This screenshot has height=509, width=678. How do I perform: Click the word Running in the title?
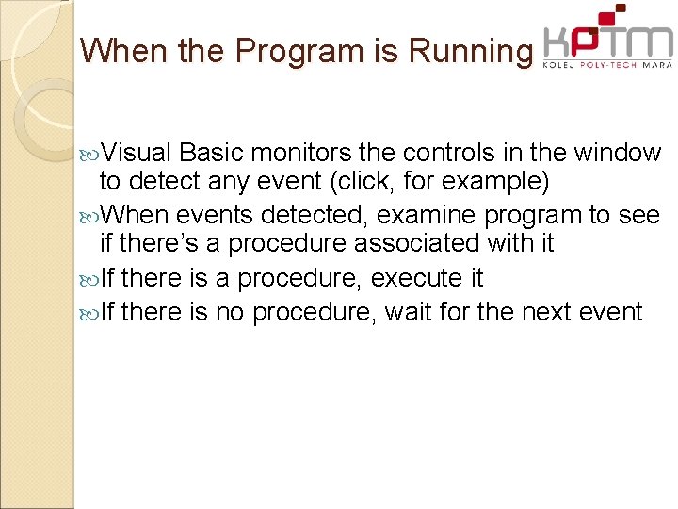click(x=470, y=52)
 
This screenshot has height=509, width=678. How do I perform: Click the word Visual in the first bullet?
click(x=137, y=153)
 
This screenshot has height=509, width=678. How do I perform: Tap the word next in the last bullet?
click(x=547, y=311)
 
